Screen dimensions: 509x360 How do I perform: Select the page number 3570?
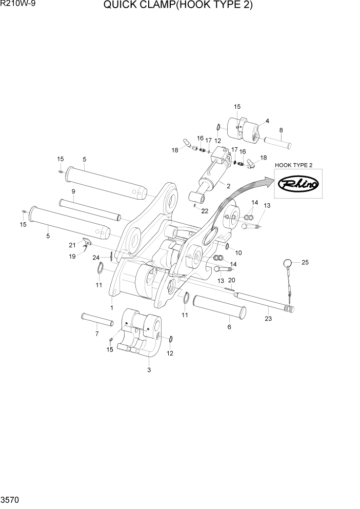tap(10, 499)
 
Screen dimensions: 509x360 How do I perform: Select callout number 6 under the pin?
tap(229, 327)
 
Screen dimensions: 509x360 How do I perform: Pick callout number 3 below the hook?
tap(149, 369)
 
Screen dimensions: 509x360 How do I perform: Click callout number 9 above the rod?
tap(73, 191)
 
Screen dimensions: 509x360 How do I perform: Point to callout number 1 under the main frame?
tap(111, 308)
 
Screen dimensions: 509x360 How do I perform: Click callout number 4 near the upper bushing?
tap(267, 122)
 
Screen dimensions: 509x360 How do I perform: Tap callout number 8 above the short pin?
tap(281, 130)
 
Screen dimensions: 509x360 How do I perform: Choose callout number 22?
tap(205, 211)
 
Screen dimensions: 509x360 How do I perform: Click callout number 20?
tap(231, 280)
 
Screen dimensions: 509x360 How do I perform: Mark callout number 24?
tap(96, 257)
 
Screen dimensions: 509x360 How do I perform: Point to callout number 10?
tap(238, 252)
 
